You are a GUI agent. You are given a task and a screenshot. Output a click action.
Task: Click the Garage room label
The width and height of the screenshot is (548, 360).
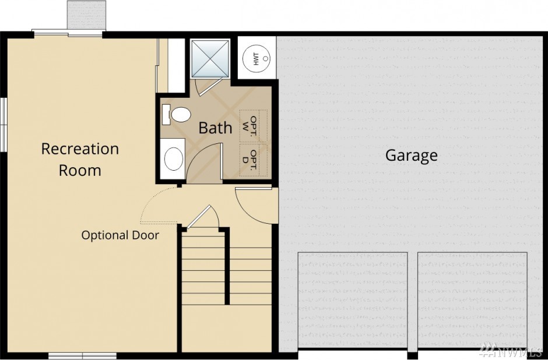(x=412, y=156)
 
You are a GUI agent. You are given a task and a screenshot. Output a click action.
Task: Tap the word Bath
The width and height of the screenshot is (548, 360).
(x=215, y=128)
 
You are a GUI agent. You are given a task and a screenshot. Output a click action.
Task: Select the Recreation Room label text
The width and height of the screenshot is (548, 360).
(x=80, y=159)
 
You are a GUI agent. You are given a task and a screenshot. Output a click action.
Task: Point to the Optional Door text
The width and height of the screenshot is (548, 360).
(x=120, y=235)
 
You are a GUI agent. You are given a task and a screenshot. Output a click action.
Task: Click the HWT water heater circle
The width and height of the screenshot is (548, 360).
(x=256, y=58)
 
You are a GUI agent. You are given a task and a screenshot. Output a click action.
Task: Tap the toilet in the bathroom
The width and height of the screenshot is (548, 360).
(x=177, y=115)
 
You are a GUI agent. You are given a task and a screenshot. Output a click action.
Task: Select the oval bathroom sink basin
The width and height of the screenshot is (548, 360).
(x=174, y=159)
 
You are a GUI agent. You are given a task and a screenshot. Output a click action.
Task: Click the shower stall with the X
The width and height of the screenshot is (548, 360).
(x=210, y=59)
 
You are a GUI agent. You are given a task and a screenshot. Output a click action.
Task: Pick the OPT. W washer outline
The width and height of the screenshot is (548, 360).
(x=254, y=125)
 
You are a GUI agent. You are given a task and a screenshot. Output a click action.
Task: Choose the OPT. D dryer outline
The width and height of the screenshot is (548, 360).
(x=254, y=159)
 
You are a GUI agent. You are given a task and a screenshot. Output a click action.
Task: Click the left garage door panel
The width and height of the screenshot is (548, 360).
(x=353, y=300)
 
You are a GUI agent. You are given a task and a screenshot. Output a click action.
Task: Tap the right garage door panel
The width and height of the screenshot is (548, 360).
(x=473, y=300)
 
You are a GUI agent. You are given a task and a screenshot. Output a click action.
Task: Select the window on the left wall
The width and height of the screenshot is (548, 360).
(x=3, y=125)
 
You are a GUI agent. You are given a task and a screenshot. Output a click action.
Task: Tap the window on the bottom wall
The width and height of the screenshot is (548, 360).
(x=82, y=356)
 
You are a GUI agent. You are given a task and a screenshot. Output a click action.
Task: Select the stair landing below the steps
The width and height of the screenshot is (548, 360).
(x=227, y=328)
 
